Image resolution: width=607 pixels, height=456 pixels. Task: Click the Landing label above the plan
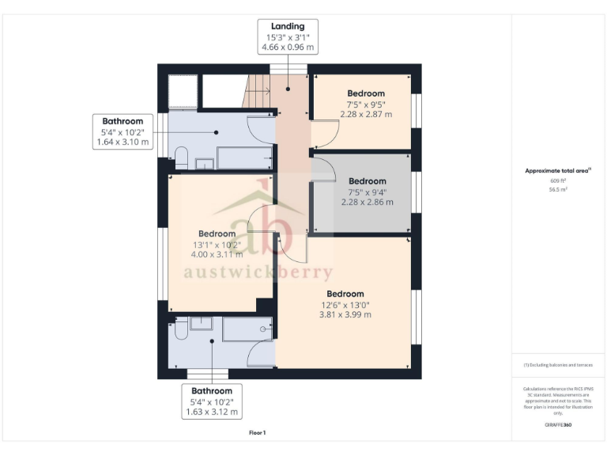pos(288,26)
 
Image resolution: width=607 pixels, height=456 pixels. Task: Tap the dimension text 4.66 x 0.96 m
pos(288,47)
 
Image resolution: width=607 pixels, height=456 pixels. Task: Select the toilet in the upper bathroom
pos(181,157)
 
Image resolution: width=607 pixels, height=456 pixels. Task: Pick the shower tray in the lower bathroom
pos(247,329)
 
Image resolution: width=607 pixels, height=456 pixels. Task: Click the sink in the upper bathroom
pos(205,164)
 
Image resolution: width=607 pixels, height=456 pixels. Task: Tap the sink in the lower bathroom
pos(199,322)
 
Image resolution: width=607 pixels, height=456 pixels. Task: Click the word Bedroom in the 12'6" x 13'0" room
pos(345,293)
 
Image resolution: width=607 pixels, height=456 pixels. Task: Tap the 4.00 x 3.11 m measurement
pos(217,254)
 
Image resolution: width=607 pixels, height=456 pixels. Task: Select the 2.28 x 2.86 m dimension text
pos(367,202)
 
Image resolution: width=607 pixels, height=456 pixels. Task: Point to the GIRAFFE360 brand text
pos(558,425)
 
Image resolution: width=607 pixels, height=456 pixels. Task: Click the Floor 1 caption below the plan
pos(258,433)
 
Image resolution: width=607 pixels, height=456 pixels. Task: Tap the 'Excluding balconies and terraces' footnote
pos(558,365)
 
